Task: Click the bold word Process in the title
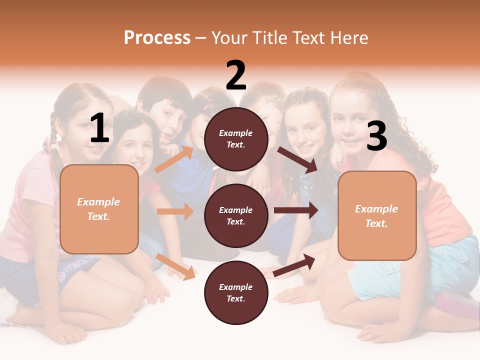157,37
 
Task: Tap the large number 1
99,128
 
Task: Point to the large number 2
236,75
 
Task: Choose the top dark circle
236,139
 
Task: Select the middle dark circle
236,215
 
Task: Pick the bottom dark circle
236,292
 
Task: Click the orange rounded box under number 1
99,209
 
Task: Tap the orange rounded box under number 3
377,216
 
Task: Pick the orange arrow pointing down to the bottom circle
175,266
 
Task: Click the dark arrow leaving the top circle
297,159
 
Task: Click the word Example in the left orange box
98,202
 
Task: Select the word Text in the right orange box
376,223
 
